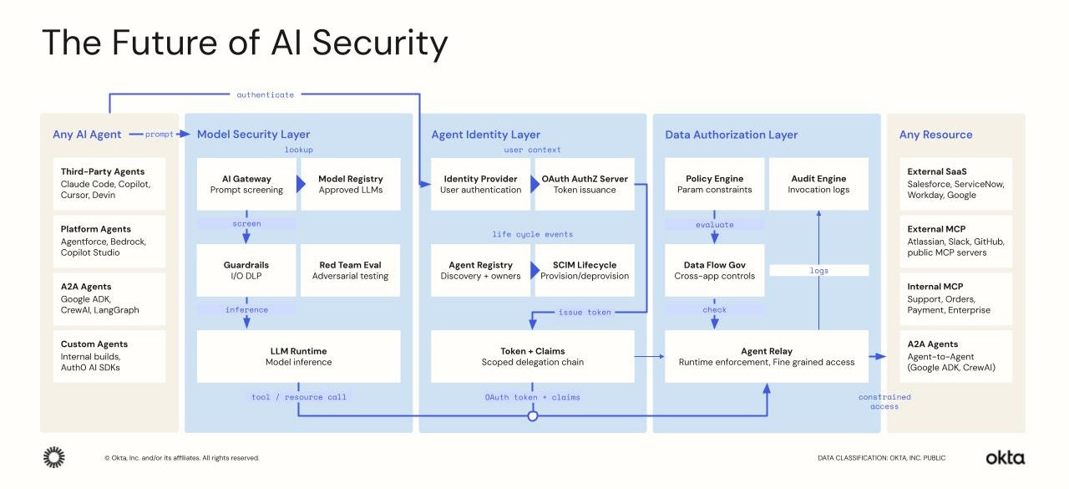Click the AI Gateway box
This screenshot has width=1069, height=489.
[x=246, y=184]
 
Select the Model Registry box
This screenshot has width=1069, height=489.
[x=350, y=184]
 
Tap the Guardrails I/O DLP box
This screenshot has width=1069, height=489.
[x=246, y=270]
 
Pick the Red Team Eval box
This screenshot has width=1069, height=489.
[x=350, y=270]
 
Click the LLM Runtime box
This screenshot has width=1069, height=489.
[x=298, y=356]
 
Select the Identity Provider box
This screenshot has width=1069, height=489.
[x=480, y=184]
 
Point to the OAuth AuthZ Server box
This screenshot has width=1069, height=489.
[x=585, y=184]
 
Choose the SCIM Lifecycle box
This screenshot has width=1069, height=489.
[x=585, y=270]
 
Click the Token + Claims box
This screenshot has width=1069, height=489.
[x=532, y=356]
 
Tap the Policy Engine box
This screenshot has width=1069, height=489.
[x=714, y=184]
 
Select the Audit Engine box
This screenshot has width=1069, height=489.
[x=818, y=184]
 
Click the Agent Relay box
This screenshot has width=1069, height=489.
[x=766, y=356]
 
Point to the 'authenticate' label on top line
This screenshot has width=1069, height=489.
[x=265, y=94]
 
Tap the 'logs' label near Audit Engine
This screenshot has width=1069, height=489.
[x=818, y=270]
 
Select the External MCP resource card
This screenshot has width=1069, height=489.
[x=948, y=241]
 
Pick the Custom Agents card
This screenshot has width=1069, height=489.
[x=109, y=355]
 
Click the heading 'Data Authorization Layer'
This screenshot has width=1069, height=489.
[x=731, y=135]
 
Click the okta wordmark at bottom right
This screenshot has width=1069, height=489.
[x=1005, y=457]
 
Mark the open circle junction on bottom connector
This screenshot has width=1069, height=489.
[x=532, y=415]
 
